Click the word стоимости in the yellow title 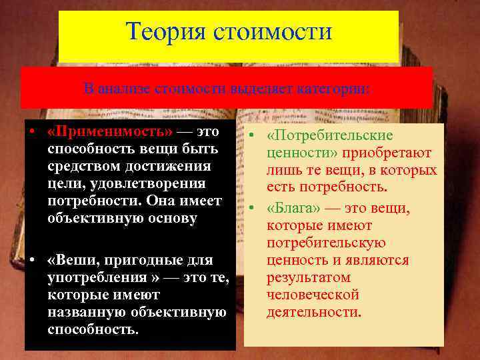(273, 31)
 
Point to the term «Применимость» (109, 131)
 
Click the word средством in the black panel (85, 166)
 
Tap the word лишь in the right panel (281, 170)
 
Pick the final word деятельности (314, 311)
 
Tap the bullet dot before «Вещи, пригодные (32, 259)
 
